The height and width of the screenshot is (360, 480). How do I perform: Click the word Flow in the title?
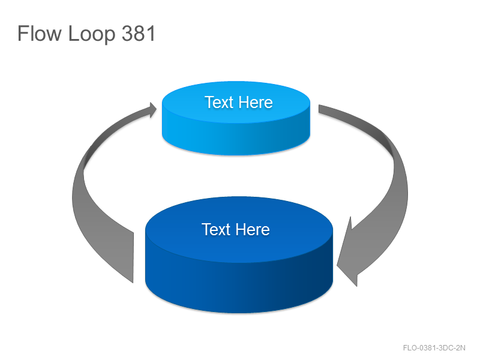click(x=40, y=33)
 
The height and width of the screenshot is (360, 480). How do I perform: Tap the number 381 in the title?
click(x=139, y=33)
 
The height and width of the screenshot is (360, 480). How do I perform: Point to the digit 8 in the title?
click(x=139, y=33)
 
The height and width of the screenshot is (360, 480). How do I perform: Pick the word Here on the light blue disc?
click(x=256, y=102)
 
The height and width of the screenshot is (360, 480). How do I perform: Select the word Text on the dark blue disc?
click(x=216, y=229)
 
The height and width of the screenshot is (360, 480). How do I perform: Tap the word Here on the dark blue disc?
click(x=253, y=229)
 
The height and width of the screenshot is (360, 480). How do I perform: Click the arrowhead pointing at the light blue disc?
click(x=152, y=110)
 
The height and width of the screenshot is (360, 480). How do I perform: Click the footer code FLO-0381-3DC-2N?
click(x=434, y=348)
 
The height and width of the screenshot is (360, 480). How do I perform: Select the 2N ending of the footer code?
click(x=461, y=348)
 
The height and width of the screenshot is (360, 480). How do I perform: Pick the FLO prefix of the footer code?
click(x=410, y=348)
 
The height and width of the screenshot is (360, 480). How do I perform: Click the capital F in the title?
click(x=23, y=33)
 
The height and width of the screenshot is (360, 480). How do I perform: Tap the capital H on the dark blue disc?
click(x=241, y=229)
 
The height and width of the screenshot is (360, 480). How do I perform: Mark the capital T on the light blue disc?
click(x=209, y=102)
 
